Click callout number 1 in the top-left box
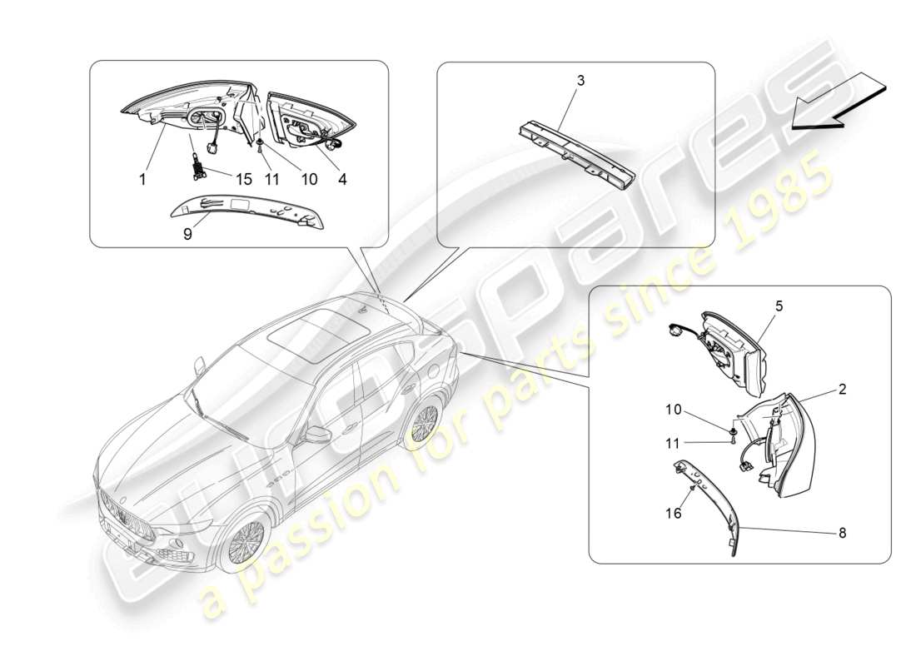click(x=143, y=177)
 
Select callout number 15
click(x=242, y=177)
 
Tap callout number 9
click(x=187, y=234)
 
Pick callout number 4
click(x=342, y=177)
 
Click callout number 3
click(x=580, y=80)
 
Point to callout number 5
click(x=779, y=306)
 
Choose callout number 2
click(x=842, y=389)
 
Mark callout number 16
click(x=675, y=514)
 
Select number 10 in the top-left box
click(x=309, y=177)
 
